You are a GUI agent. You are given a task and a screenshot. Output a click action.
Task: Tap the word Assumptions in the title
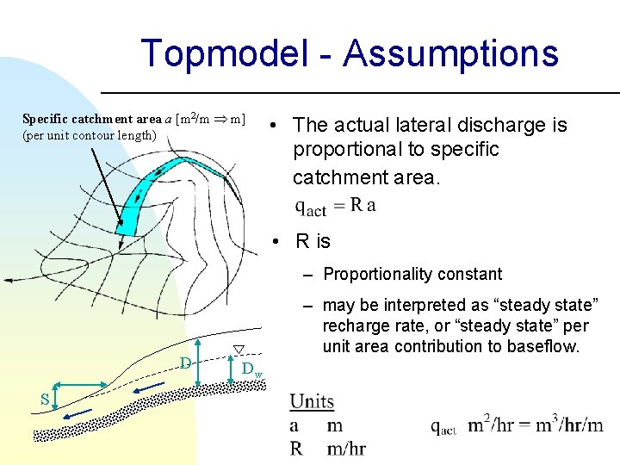(451, 53)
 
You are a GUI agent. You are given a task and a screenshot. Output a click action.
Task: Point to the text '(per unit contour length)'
(90, 135)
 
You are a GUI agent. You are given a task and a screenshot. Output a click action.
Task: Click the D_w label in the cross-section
(251, 369)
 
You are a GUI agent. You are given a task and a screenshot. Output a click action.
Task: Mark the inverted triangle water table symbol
(239, 349)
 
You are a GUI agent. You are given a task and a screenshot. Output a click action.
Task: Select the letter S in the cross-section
(44, 398)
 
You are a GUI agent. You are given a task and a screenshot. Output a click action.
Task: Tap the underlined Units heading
(312, 401)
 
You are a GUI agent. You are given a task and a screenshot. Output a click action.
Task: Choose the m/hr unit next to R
(346, 448)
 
